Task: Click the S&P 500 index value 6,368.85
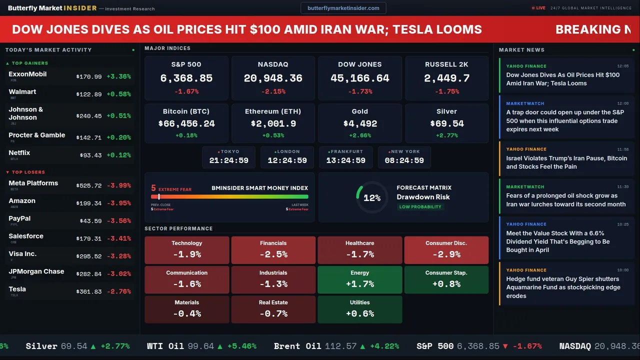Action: [186, 78]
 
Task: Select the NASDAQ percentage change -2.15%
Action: [273, 91]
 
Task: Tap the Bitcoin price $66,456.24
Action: [186, 123]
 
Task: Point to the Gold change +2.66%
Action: [360, 135]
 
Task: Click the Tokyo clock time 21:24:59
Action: [228, 160]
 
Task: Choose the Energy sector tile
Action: [360, 279]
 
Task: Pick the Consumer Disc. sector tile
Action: [446, 250]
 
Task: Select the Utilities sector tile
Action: [360, 309]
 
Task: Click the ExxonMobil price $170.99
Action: [89, 77]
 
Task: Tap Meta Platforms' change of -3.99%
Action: [119, 185]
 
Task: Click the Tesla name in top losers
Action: [17, 289]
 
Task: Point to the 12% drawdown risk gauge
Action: [371, 198]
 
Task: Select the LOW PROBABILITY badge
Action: [420, 207]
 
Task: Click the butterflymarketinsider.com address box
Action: [343, 8]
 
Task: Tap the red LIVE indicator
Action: [539, 8]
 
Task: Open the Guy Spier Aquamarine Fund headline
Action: [563, 287]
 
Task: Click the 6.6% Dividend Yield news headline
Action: [557, 241]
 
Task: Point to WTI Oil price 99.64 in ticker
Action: [201, 346]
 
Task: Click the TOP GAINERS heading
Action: [30, 63]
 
